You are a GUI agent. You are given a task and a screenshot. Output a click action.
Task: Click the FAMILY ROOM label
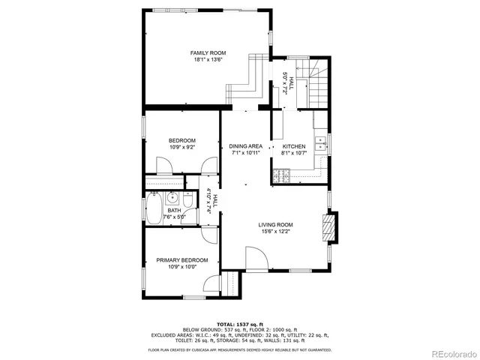coord(208,53)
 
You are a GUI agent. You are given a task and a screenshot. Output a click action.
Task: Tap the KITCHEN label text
coord(294,146)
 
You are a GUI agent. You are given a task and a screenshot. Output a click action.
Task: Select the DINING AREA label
coord(245,146)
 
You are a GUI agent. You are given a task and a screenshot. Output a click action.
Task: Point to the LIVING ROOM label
coord(276,225)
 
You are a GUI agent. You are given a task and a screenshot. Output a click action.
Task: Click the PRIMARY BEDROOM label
coord(181,260)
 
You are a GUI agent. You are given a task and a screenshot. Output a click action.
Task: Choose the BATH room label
coord(174,211)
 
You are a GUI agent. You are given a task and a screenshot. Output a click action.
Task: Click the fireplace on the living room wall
coord(328,229)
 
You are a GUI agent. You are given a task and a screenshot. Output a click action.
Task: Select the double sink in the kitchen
coord(321,143)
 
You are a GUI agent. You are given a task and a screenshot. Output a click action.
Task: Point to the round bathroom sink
coord(172,198)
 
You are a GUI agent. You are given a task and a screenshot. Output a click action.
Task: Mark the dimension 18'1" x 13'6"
coord(208,60)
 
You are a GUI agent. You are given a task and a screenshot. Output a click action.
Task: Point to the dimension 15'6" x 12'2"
coord(276,232)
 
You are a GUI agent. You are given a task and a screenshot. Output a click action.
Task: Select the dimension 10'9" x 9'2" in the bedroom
coord(181,148)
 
